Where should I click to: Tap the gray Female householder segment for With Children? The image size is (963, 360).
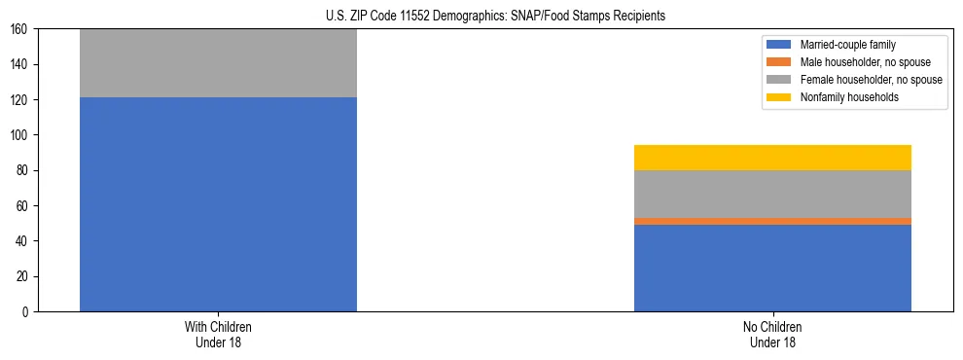point(218,63)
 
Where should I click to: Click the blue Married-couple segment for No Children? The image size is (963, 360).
point(772,268)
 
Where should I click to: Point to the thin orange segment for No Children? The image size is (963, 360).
point(772,221)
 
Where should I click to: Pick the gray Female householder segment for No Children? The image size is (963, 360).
point(772,194)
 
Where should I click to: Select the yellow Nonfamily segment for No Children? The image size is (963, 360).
point(772,158)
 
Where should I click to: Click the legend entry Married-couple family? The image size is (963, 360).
point(846,45)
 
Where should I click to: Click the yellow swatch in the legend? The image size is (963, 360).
point(779,97)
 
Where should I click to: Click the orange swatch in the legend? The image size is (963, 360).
point(779,62)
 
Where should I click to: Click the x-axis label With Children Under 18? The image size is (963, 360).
point(218,334)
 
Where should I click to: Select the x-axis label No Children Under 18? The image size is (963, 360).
point(772,334)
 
